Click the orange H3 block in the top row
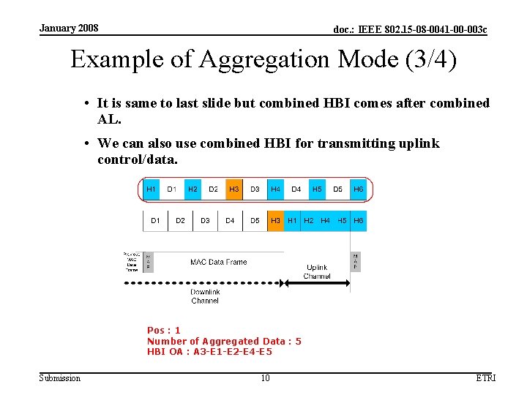234,189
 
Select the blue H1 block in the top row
151,189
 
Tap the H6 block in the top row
358,189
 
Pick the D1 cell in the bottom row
155,220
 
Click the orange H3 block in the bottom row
275,220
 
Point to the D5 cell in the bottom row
255,220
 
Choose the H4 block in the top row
275,189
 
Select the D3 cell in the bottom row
205,220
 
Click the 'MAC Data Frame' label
218,262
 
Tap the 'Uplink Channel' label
317,272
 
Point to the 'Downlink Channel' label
205,296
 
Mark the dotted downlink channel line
212,284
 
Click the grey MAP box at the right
356,261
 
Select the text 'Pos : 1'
164,331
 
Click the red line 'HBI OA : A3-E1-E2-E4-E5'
209,352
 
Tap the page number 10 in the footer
266,378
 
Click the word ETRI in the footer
485,378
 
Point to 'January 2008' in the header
69,29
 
